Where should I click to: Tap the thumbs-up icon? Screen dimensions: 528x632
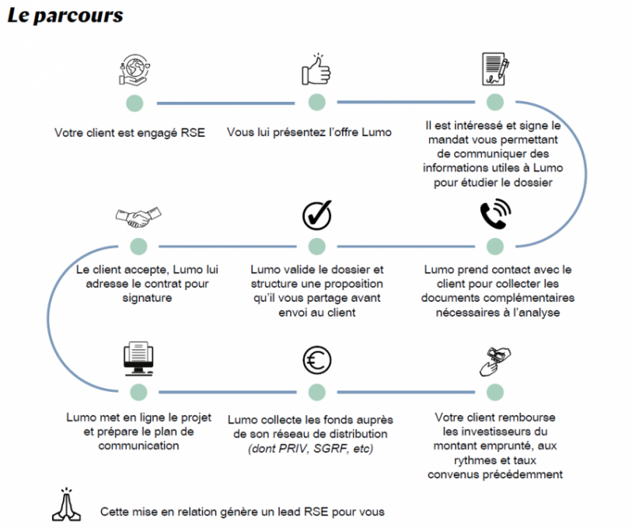pos(316,70)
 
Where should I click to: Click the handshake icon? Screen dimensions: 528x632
pos(138,214)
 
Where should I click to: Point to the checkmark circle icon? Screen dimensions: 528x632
pos(316,215)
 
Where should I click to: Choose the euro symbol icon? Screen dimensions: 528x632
pos(316,360)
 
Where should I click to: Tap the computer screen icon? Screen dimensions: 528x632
pos(138,360)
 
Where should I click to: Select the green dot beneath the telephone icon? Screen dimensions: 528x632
pos(495,245)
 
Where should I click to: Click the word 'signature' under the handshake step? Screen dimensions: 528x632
pos(138,299)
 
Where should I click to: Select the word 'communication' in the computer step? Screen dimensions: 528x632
pos(138,446)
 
